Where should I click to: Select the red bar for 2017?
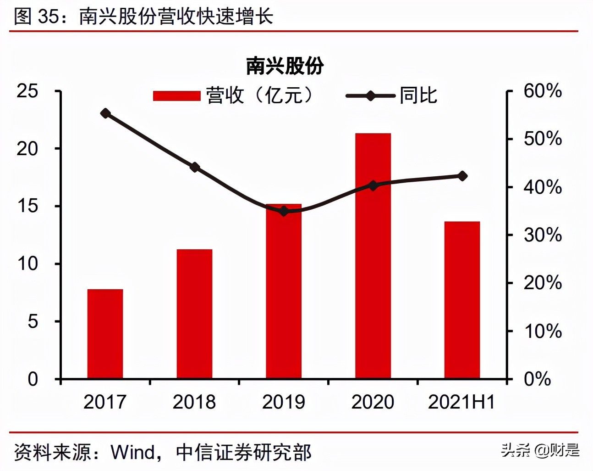[x=105, y=334]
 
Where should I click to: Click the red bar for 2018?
[x=194, y=314]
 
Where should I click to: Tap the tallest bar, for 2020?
[x=373, y=256]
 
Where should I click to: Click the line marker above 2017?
[x=105, y=113]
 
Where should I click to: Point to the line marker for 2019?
[x=284, y=211]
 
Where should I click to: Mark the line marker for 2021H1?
[x=462, y=176]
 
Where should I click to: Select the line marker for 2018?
[x=195, y=167]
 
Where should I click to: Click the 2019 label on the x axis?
[x=283, y=402]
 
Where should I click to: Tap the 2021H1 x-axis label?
[x=461, y=402]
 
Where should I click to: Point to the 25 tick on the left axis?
[x=27, y=91]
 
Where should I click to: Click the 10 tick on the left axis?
[x=27, y=264]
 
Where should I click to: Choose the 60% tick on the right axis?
[x=543, y=91]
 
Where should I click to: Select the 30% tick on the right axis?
[x=543, y=235]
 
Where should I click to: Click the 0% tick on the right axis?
[x=538, y=379]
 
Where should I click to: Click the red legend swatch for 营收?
[x=176, y=96]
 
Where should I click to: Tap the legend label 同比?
[x=418, y=96]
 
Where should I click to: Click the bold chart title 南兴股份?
[x=285, y=66]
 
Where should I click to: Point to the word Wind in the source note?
[x=133, y=453]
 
